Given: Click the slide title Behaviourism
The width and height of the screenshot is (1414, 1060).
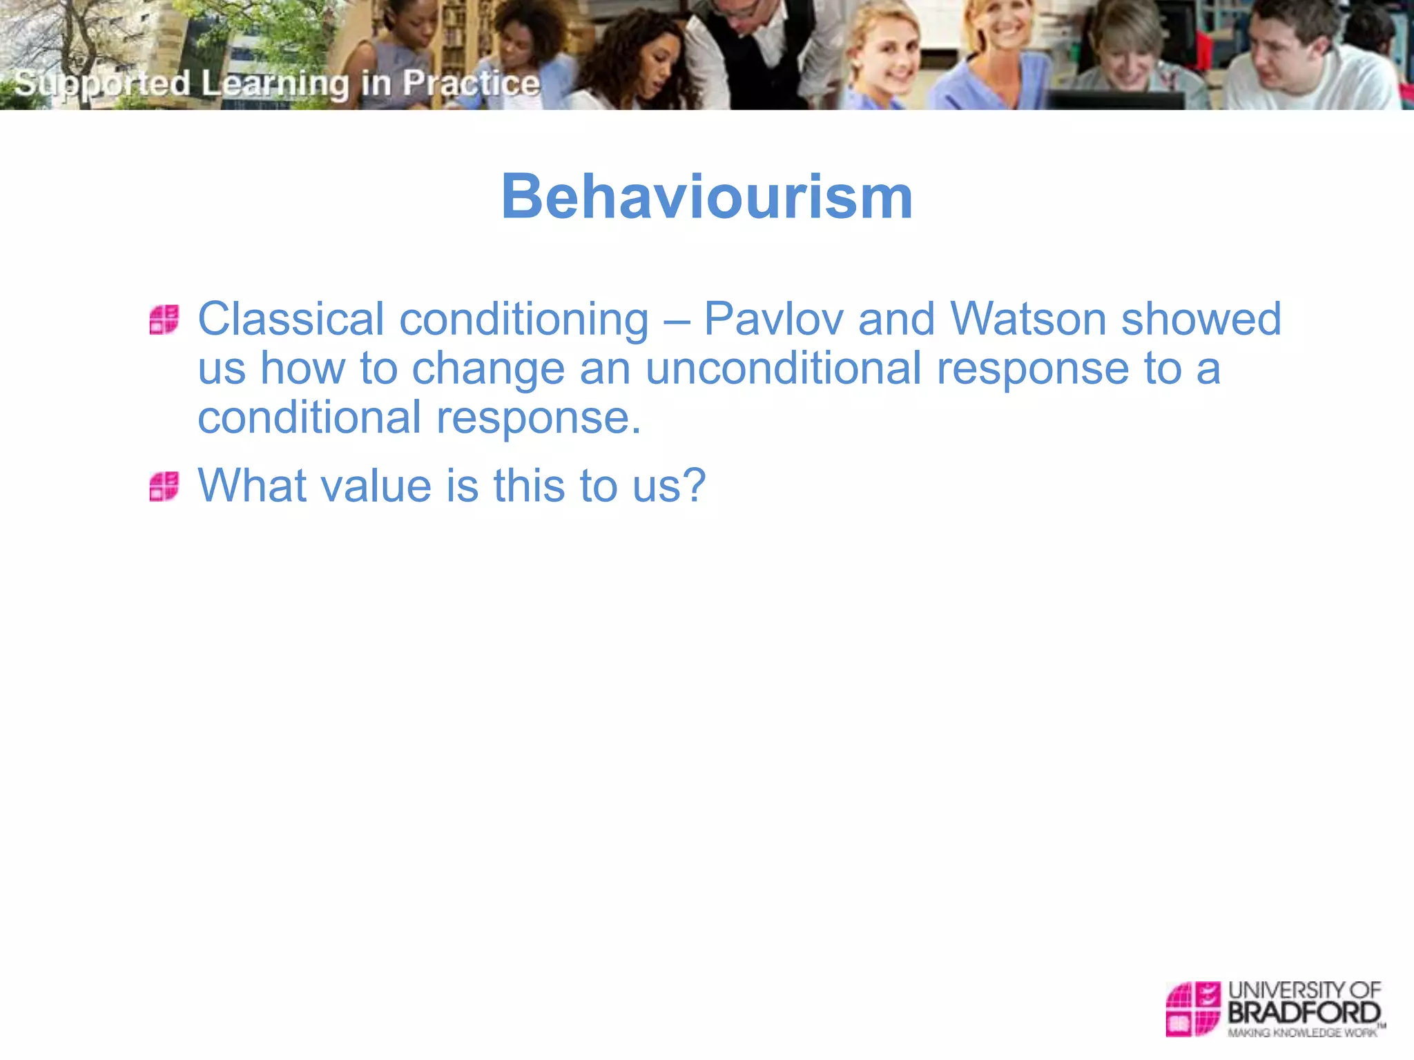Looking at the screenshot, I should pos(706,197).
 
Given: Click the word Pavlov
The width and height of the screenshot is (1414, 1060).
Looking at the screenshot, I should pos(773,320).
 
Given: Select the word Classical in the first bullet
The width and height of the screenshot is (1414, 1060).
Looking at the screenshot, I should pos(291,320).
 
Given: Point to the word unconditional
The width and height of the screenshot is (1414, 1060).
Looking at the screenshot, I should pos(783,369).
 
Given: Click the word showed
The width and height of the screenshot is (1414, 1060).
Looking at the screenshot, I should pos(1201,320).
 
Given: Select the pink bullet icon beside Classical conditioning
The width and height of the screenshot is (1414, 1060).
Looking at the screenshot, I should pos(164,320).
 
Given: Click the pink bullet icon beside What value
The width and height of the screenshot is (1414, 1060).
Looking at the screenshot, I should pos(164,487).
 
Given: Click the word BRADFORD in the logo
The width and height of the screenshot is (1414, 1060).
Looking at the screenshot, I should pos(1304,1013).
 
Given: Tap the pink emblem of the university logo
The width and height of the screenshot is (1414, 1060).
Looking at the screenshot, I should pos(1193,1008).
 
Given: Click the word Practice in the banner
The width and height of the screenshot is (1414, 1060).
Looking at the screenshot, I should pos(471,84).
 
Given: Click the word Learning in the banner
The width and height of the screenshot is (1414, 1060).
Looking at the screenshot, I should pos(275,84).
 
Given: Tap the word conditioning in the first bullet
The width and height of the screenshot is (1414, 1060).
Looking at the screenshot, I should pos(524,320).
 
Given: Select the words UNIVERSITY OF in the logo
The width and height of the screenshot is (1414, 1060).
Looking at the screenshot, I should pos(1304,990).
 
